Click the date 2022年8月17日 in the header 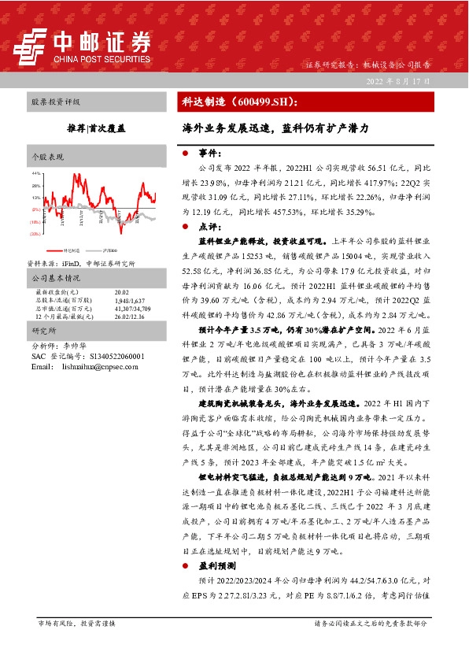397,81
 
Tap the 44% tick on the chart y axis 35,172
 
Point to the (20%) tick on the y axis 35,234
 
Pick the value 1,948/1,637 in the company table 130,301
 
